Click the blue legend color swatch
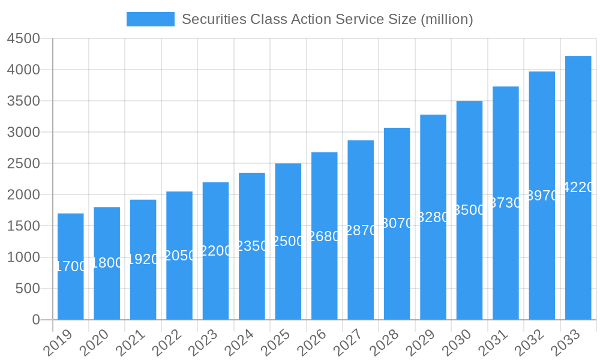tap(150, 19)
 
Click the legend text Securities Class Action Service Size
tap(327, 19)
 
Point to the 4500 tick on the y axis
tap(23, 38)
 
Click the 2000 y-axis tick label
tap(23, 195)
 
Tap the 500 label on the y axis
tap(28, 289)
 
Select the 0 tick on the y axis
tap(36, 320)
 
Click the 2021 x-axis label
tap(130, 343)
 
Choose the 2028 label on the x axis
tap(384, 343)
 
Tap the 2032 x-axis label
tap(529, 343)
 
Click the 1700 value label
tap(71, 266)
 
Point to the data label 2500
tap(289, 241)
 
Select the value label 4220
tap(578, 188)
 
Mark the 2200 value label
tap(216, 251)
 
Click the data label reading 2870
tap(361, 230)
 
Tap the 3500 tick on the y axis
tap(23, 101)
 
